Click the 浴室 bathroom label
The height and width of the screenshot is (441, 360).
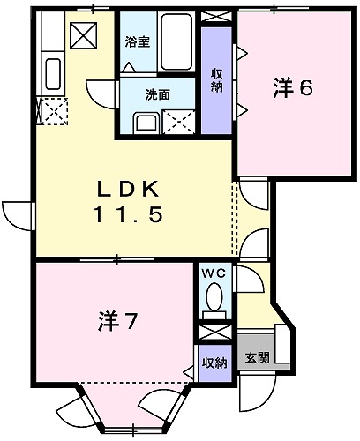(x=137, y=41)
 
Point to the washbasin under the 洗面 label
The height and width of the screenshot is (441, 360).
(x=145, y=121)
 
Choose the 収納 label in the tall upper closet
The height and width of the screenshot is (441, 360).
(x=216, y=79)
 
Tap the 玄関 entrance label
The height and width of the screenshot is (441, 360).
(x=257, y=359)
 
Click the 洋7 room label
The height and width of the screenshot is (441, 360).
(x=116, y=322)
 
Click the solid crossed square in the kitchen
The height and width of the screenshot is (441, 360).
(x=84, y=36)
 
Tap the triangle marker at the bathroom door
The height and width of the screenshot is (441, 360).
(x=129, y=66)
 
